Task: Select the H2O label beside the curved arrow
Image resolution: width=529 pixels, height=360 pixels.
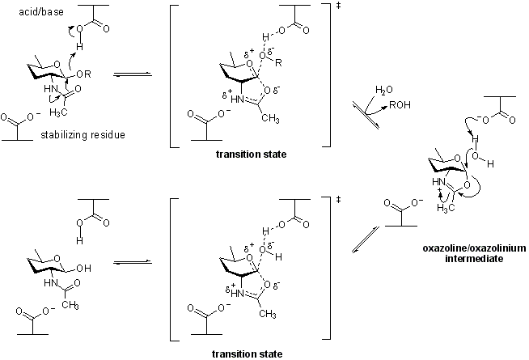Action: pyautogui.click(x=384, y=89)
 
